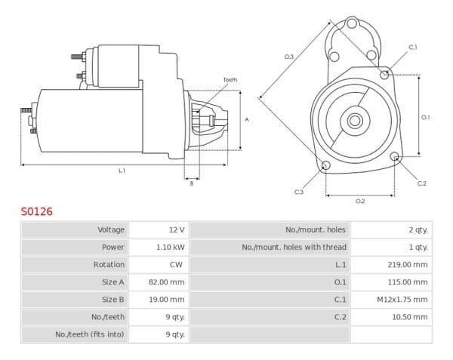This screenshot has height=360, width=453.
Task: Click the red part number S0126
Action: (36, 212)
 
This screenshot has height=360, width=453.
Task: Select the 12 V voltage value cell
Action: (177, 229)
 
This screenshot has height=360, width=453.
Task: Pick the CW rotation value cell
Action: (177, 264)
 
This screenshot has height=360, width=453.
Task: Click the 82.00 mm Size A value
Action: (168, 282)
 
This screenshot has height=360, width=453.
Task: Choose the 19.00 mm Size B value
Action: (168, 299)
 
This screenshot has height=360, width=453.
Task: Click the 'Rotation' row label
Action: (109, 264)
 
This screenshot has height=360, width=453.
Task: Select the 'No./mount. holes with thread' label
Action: (294, 247)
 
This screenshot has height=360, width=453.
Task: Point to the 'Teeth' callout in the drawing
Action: (230, 79)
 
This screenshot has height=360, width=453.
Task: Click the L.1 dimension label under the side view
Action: (122, 171)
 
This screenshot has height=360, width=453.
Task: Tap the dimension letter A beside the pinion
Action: (247, 120)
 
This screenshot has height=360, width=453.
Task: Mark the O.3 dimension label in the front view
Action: (288, 57)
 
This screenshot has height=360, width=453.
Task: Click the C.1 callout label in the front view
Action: (413, 48)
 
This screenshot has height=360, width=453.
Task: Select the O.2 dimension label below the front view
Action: (360, 201)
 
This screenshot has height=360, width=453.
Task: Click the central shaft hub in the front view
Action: (353, 119)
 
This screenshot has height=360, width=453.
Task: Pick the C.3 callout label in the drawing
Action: (298, 192)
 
